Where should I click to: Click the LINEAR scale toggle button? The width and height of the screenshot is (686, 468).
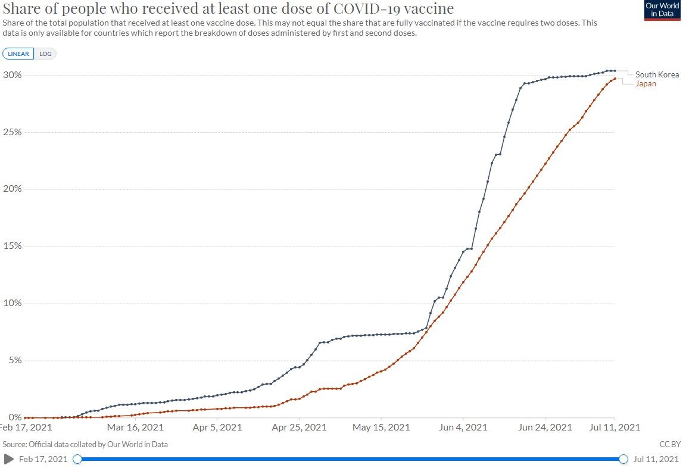[x=18, y=54]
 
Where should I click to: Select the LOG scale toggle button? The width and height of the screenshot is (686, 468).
[x=45, y=54]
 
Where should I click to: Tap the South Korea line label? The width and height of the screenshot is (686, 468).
[x=657, y=74]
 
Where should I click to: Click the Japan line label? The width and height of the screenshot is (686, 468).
[x=646, y=83]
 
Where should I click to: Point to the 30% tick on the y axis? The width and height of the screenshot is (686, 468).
[x=13, y=75]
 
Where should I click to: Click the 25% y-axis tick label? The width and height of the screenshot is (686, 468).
[x=13, y=132]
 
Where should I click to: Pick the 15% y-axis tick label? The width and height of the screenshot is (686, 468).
[x=13, y=246]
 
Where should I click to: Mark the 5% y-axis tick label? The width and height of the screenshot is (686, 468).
[x=15, y=360]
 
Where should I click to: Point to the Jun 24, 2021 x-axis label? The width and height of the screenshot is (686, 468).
[x=545, y=427]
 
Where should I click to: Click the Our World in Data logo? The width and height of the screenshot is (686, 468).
[x=662, y=11]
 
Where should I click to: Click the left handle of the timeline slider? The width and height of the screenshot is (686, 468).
[x=77, y=459]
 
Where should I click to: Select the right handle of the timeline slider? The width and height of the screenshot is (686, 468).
[x=623, y=459]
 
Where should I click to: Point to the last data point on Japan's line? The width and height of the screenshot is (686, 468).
[x=615, y=79]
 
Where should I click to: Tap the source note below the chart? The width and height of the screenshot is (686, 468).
[x=85, y=444]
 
